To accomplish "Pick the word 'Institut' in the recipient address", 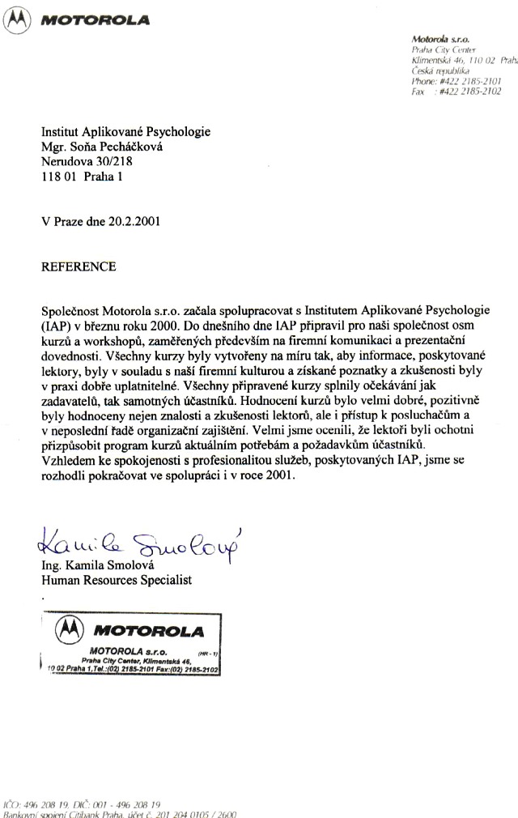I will (x=63, y=131).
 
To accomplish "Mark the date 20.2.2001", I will (x=131, y=220).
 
